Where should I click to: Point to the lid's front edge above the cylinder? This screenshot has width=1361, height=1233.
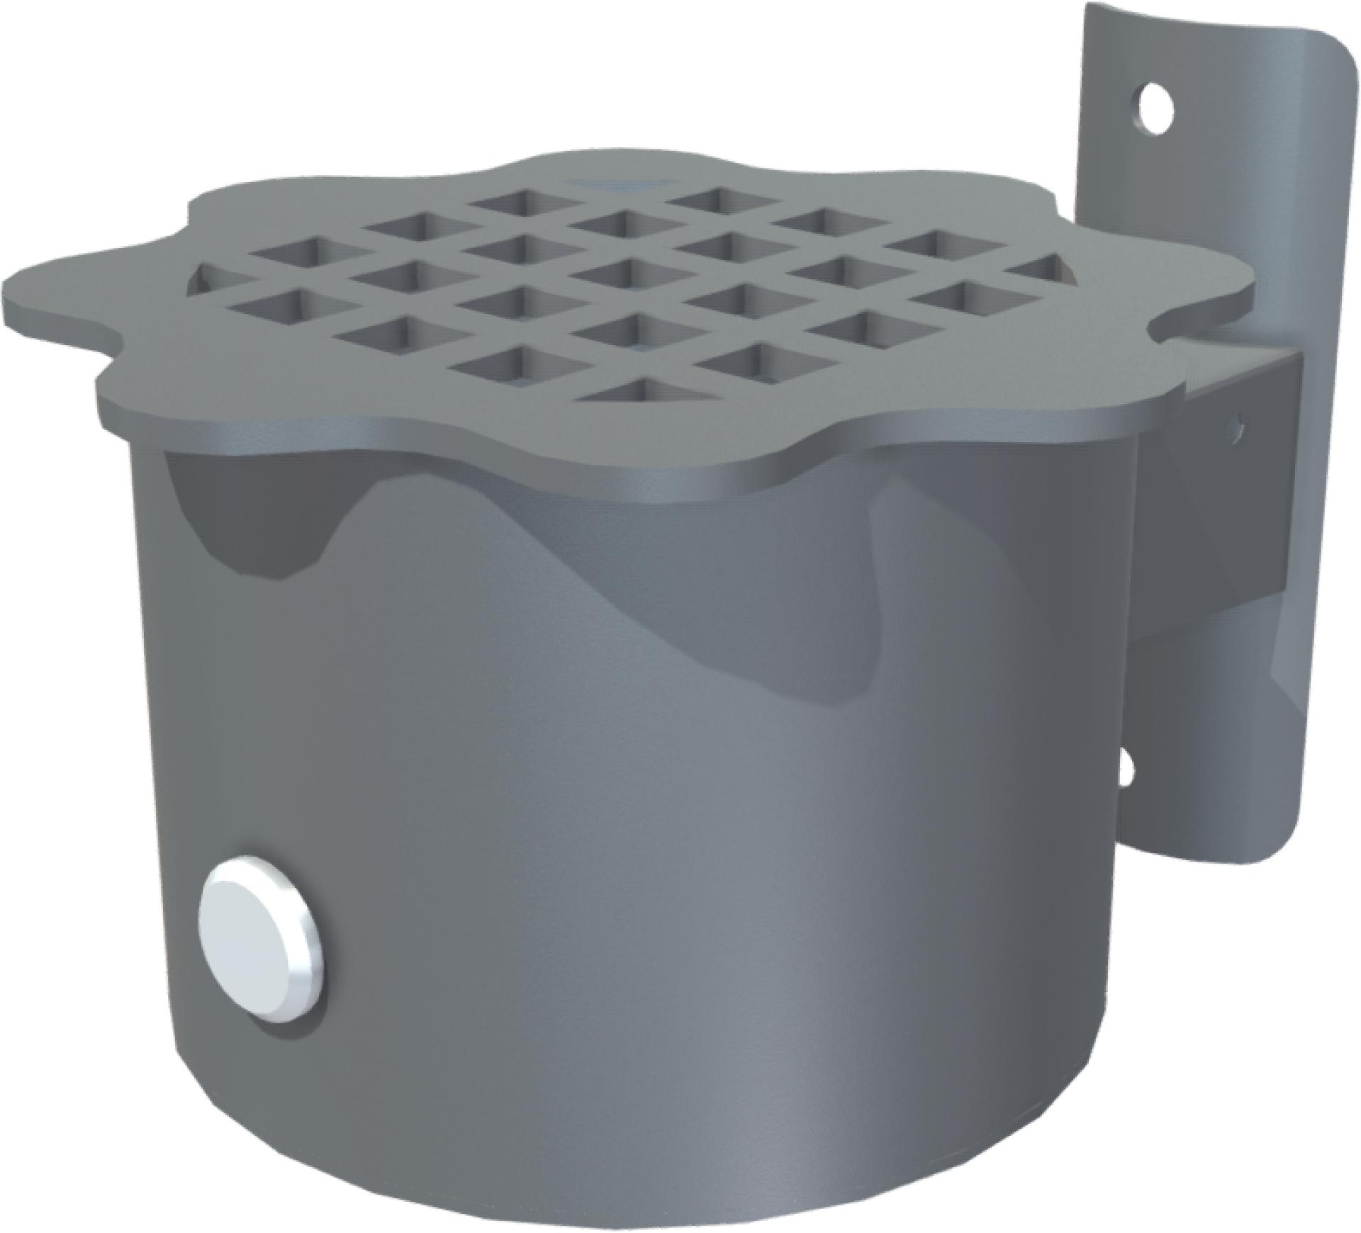567,454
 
